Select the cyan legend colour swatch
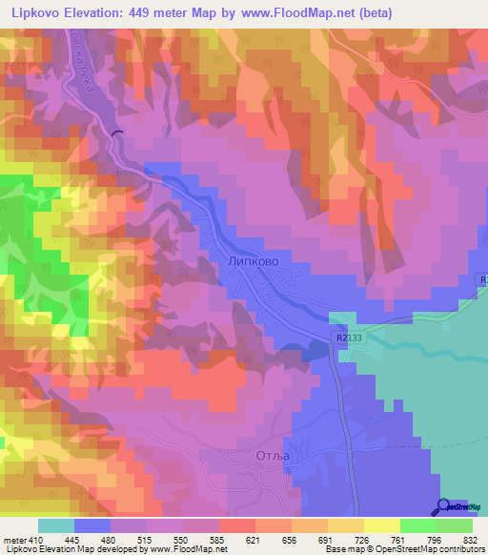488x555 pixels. [55, 525]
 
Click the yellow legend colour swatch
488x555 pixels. [381, 525]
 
